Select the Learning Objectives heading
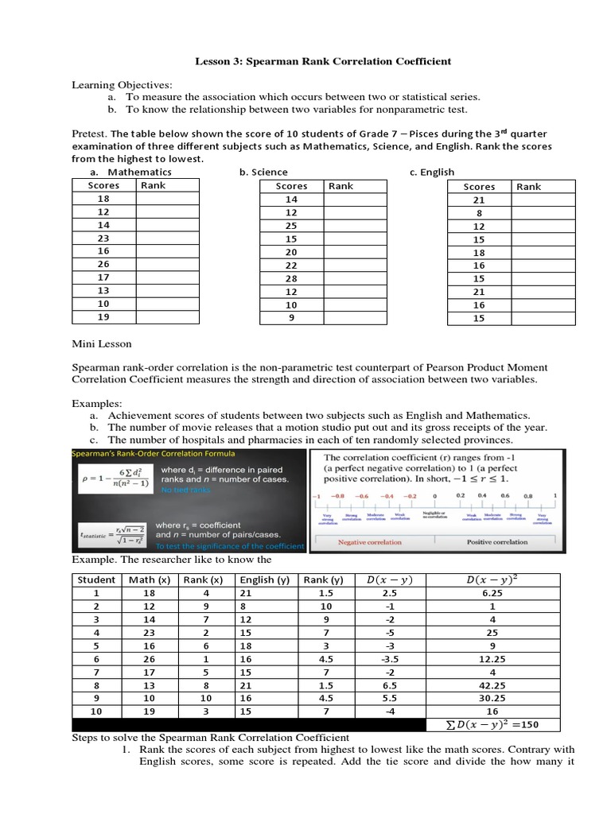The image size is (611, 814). [122, 85]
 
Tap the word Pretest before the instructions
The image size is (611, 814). [90, 134]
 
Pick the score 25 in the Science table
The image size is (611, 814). [290, 225]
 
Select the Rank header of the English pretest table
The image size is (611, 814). [528, 187]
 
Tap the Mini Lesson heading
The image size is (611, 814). [103, 345]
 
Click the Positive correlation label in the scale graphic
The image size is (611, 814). [496, 542]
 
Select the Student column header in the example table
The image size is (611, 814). [96, 579]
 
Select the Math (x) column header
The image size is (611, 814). [148, 579]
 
